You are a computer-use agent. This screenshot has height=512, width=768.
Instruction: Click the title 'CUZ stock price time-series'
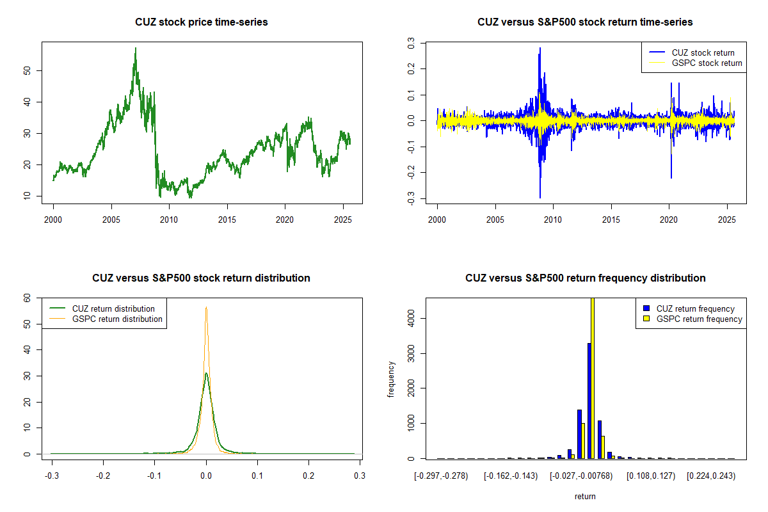202,22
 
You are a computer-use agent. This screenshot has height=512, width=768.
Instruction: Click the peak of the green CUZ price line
135,48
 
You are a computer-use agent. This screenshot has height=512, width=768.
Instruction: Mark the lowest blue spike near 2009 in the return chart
540,198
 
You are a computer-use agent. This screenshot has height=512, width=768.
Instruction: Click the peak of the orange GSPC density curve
206,307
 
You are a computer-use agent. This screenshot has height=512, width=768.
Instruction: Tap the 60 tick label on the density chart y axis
26,298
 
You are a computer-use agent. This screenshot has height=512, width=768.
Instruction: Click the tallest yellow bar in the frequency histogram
593,378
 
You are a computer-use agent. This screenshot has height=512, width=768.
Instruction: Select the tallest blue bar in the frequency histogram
589,401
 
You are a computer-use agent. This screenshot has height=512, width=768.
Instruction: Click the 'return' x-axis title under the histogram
585,496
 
